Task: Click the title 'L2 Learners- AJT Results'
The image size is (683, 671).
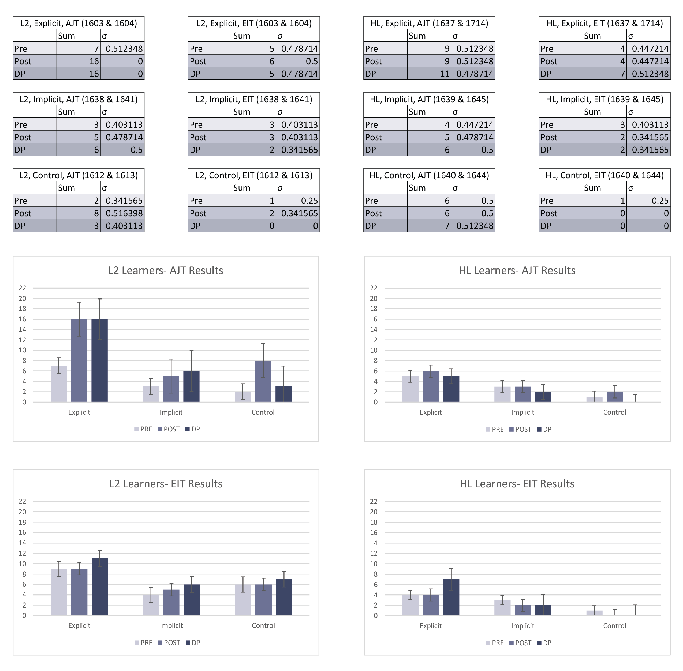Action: pos(166,270)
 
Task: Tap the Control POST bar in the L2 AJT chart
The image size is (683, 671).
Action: pos(263,381)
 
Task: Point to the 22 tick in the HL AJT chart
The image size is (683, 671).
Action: pos(374,288)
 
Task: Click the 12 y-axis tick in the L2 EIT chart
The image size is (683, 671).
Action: pos(22,553)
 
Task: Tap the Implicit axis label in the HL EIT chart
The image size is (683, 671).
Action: pos(522,625)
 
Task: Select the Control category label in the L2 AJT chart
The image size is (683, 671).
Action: pos(263,412)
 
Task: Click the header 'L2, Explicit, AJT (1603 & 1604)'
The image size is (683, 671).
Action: pos(78,23)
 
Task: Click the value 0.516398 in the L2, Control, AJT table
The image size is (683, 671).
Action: pos(122,213)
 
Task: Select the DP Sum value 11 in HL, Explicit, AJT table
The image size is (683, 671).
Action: pos(429,74)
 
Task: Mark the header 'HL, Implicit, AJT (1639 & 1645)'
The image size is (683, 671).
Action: pos(429,99)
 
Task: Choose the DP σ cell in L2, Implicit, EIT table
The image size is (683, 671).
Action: pos(297,150)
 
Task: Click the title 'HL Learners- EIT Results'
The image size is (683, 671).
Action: pos(517,484)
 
